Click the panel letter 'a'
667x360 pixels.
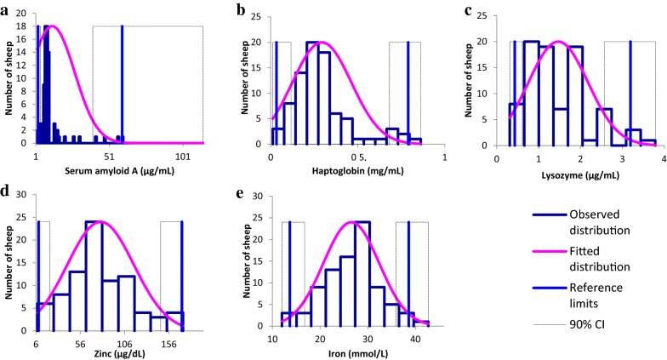5,9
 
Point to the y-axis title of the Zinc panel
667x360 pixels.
9,265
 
